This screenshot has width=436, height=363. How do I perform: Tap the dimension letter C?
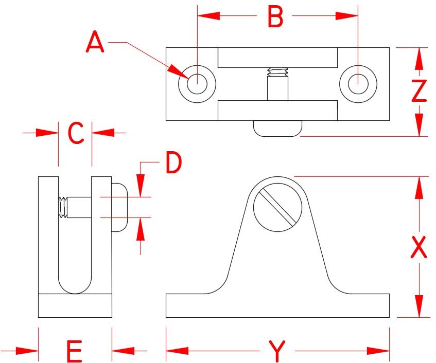point(76,134)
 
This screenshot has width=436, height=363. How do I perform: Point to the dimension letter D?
point(173,163)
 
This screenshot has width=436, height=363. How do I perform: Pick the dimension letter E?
point(75,353)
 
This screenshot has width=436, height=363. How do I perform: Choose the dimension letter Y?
point(277,352)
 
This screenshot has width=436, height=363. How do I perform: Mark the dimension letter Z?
point(420,92)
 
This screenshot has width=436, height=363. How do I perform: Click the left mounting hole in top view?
point(197,83)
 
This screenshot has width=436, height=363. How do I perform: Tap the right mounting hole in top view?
point(358,83)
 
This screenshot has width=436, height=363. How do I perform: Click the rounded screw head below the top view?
point(277,128)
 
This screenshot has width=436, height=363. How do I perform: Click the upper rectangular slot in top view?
point(277,58)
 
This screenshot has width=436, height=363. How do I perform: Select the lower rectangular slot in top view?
point(277,110)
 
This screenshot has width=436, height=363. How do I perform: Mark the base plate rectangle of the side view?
point(75,305)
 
